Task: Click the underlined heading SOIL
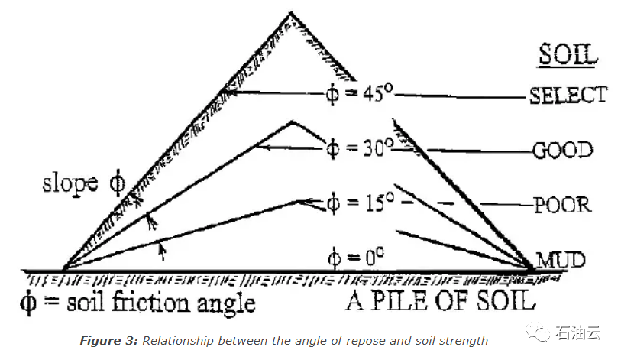(568, 54)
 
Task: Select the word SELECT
(568, 96)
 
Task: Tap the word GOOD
(563, 151)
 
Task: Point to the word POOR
(563, 205)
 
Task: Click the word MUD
(561, 260)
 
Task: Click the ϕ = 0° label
(356, 258)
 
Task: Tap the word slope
(70, 183)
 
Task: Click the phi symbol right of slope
(117, 183)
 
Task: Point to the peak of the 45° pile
(291, 13)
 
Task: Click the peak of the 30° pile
(293, 122)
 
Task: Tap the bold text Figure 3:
(109, 341)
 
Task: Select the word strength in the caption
(462, 341)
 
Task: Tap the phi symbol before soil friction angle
(28, 302)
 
